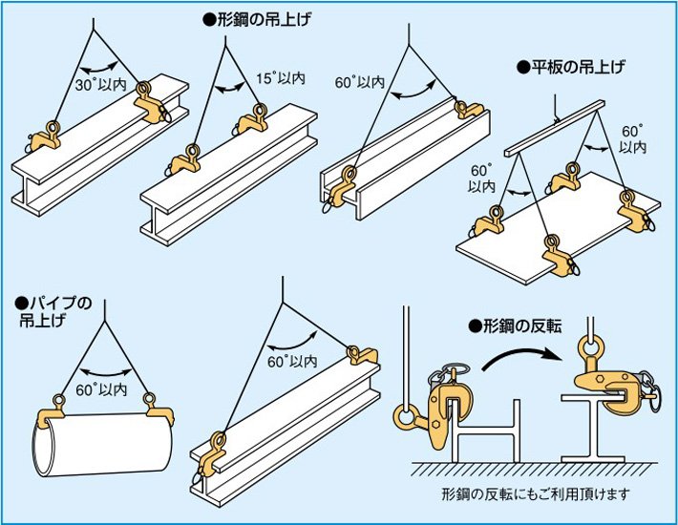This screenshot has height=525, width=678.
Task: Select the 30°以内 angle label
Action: click(x=98, y=84)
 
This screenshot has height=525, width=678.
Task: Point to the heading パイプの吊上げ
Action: click(x=53, y=312)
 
